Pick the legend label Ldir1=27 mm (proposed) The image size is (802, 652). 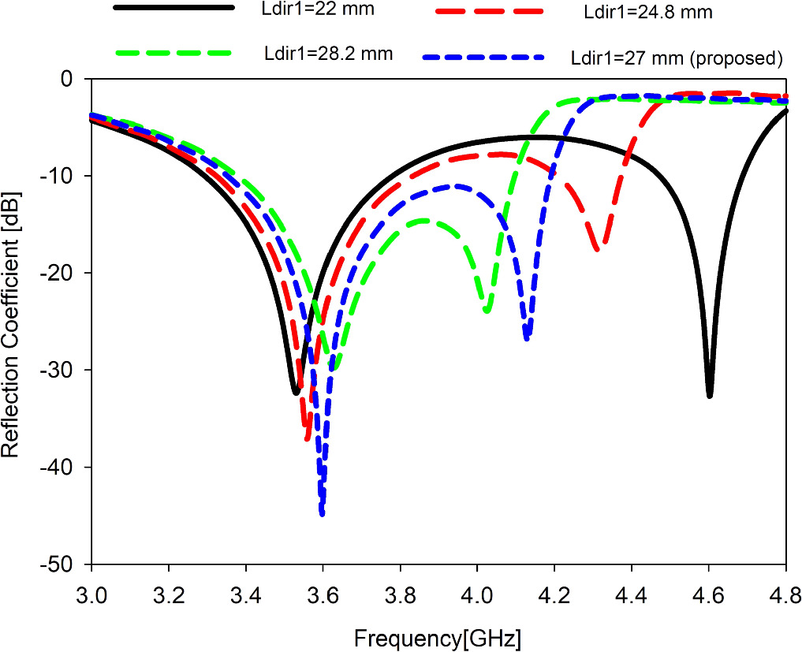(x=675, y=58)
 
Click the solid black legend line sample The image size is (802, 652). (x=174, y=8)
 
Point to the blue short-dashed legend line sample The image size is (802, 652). (x=483, y=57)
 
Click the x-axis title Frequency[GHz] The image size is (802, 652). (x=438, y=636)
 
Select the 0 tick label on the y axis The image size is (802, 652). (x=67, y=79)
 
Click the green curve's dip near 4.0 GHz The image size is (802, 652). (x=487, y=311)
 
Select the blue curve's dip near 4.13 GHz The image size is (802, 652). (x=527, y=338)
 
